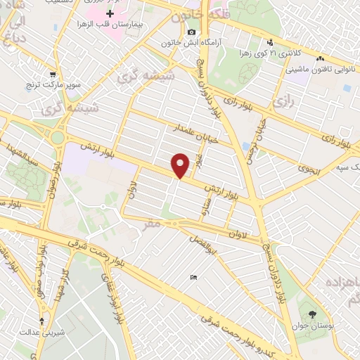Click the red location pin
coord(181,166)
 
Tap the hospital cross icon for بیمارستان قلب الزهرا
coord(110,13)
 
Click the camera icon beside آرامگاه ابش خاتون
coord(191,32)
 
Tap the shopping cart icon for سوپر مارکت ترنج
coord(53,74)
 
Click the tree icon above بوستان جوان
coord(312,314)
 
